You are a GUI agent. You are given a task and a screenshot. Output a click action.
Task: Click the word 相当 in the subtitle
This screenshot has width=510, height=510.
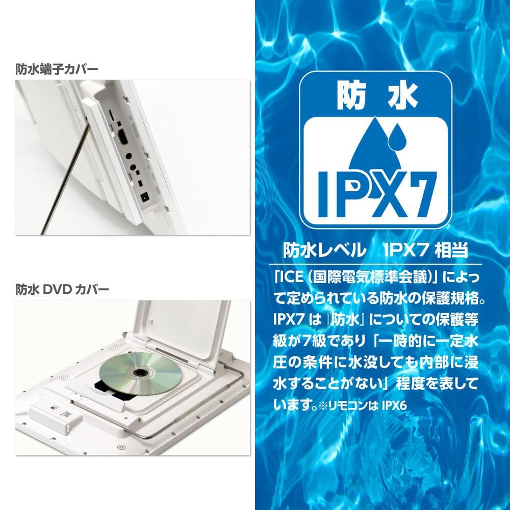[450, 251]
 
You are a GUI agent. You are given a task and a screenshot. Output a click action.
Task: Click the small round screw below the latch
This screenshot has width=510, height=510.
[120, 448]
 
